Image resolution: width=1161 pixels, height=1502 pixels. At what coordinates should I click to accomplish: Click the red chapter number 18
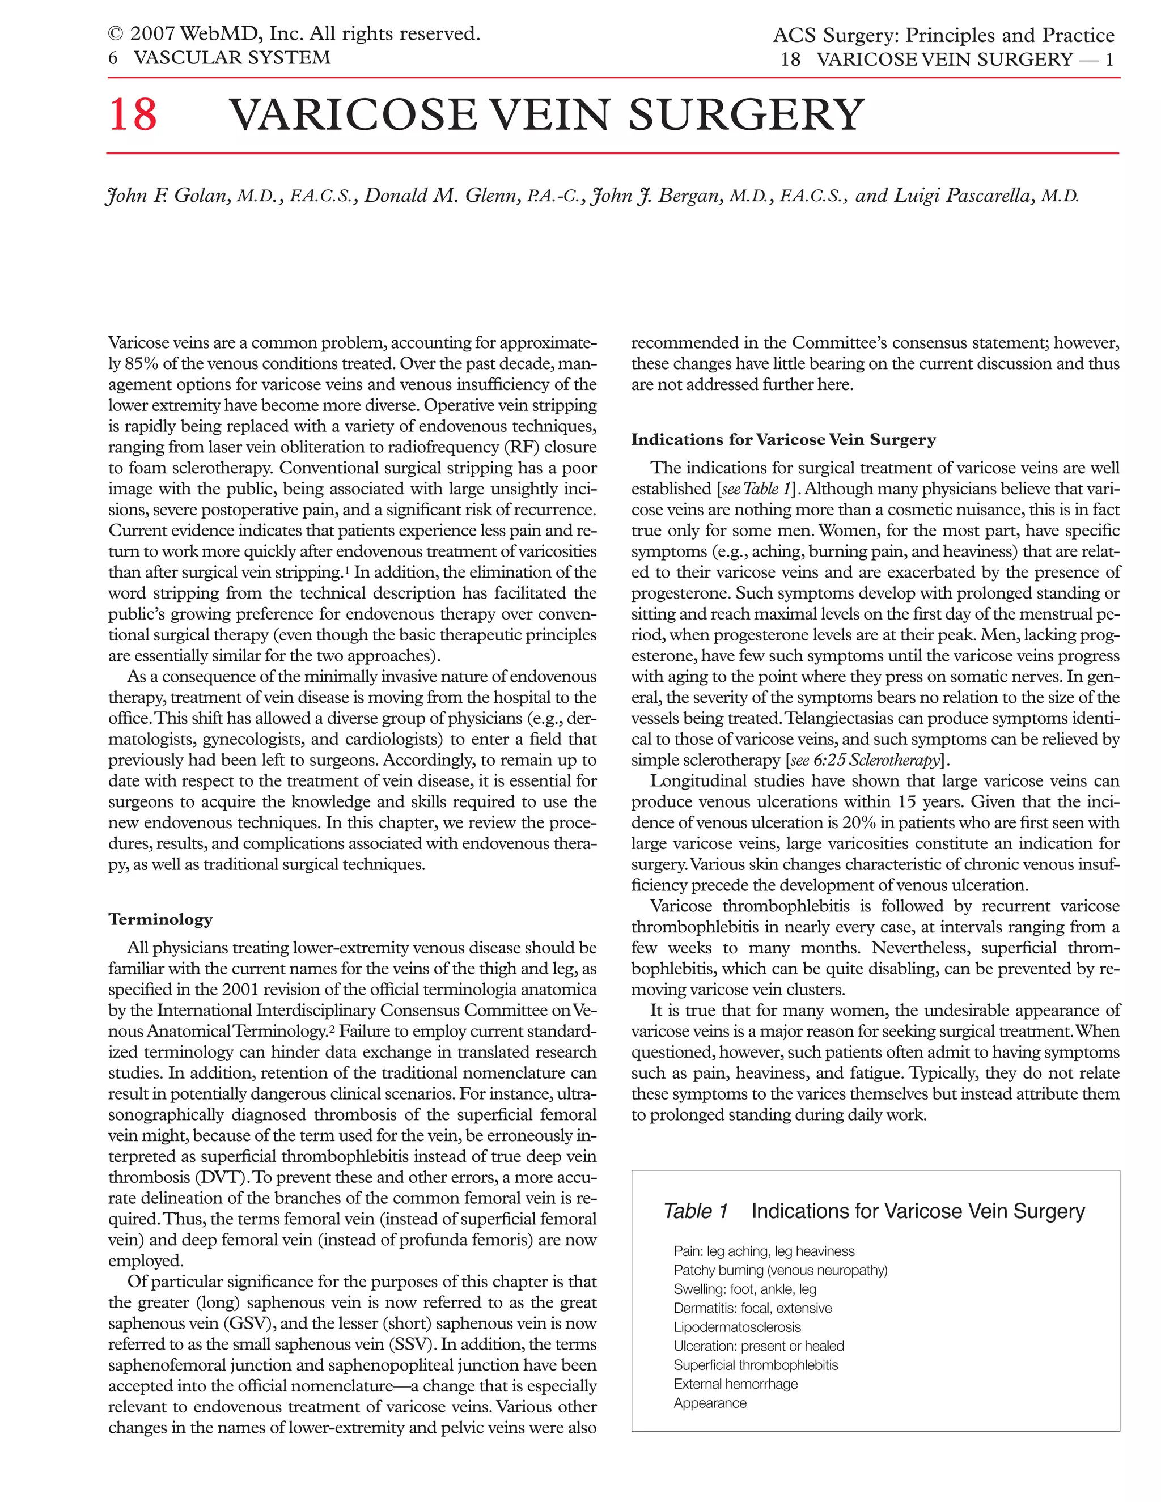click(133, 115)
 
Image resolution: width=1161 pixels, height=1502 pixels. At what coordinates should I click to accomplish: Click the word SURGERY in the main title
click(745, 115)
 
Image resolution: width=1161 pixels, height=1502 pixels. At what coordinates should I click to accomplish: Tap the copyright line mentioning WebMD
click(294, 33)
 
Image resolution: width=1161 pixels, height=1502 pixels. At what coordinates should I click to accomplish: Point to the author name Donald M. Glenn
click(440, 196)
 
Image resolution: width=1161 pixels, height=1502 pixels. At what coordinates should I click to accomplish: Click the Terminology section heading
click(160, 919)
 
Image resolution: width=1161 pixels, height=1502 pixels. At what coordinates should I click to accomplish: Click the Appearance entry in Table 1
click(710, 1403)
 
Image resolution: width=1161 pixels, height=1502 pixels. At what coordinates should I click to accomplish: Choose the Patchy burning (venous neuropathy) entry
click(781, 1270)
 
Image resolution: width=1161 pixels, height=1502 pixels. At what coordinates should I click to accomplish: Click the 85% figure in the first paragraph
click(142, 364)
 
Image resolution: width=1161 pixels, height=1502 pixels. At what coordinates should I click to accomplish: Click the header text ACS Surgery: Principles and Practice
click(943, 35)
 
